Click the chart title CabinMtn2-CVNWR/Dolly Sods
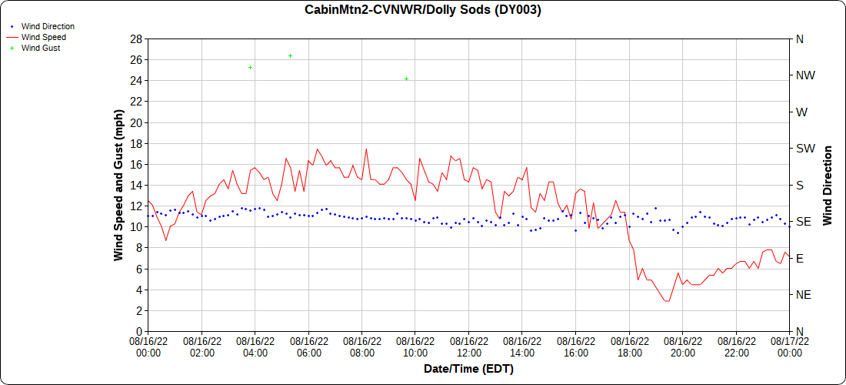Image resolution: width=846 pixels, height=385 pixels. pyautogui.click(x=423, y=10)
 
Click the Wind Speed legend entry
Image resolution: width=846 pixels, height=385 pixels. pyautogui.click(x=43, y=37)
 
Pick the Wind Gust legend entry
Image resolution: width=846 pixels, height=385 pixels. pyautogui.click(x=41, y=48)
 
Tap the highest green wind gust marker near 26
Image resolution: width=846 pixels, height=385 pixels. pyautogui.click(x=290, y=56)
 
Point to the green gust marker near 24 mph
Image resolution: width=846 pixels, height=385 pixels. pyautogui.click(x=406, y=79)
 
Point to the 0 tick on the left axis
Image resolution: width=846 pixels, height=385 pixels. pyautogui.click(x=139, y=331)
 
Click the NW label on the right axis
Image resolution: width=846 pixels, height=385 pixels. pyautogui.click(x=806, y=75)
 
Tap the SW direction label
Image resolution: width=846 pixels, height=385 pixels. pyautogui.click(x=806, y=149)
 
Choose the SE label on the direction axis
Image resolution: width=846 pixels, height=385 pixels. pyautogui.click(x=804, y=222)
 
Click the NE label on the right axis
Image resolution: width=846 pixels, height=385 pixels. pyautogui.click(x=804, y=295)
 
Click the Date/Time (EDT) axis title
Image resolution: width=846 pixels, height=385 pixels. pyautogui.click(x=468, y=369)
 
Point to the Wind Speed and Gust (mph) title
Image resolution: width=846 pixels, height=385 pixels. pyautogui.click(x=118, y=185)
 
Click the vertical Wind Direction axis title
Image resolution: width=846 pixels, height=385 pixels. pyautogui.click(x=828, y=185)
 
